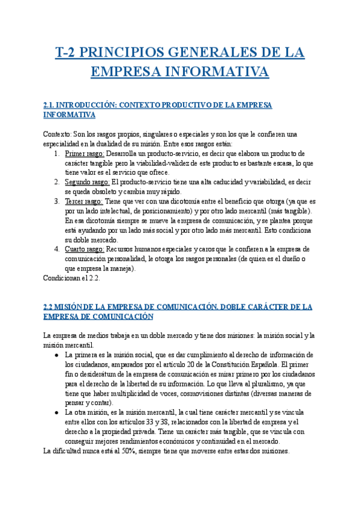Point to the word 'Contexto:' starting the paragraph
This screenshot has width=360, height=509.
pos(58,134)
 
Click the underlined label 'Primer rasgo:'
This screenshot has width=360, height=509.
pos(85,154)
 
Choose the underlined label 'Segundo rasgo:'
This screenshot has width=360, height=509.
pos(88,182)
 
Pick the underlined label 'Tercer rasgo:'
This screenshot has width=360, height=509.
pos(84,201)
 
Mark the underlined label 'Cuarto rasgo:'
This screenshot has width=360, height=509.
pos(85,249)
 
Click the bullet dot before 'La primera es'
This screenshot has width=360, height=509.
pos(56,355)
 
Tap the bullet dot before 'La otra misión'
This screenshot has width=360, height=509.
pos(56,412)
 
